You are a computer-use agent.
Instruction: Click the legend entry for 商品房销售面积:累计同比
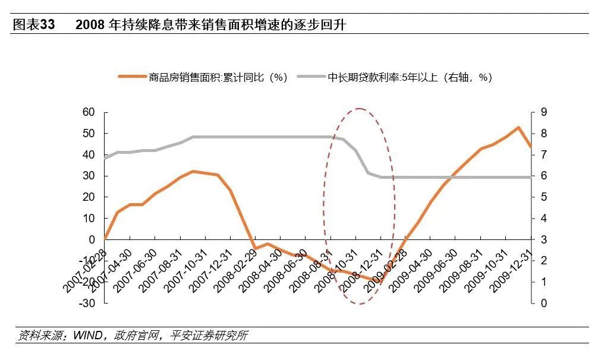pos(218,77)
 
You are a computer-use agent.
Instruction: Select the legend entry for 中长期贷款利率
pos(410,77)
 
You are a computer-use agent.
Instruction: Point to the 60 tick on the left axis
pos(89,112)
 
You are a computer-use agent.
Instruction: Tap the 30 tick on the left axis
pos(89,176)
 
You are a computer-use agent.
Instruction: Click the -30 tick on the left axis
pos(87,303)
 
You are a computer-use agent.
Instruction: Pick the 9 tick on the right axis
pos(543,112)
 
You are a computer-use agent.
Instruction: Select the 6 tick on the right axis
pos(543,176)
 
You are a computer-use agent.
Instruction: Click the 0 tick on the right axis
pos(543,303)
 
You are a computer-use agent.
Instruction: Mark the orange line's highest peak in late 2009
pos(518,127)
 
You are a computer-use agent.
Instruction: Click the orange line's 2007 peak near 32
pos(193,171)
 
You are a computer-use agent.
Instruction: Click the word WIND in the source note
pos(86,336)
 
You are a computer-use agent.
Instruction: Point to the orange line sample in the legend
pos(131,77)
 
